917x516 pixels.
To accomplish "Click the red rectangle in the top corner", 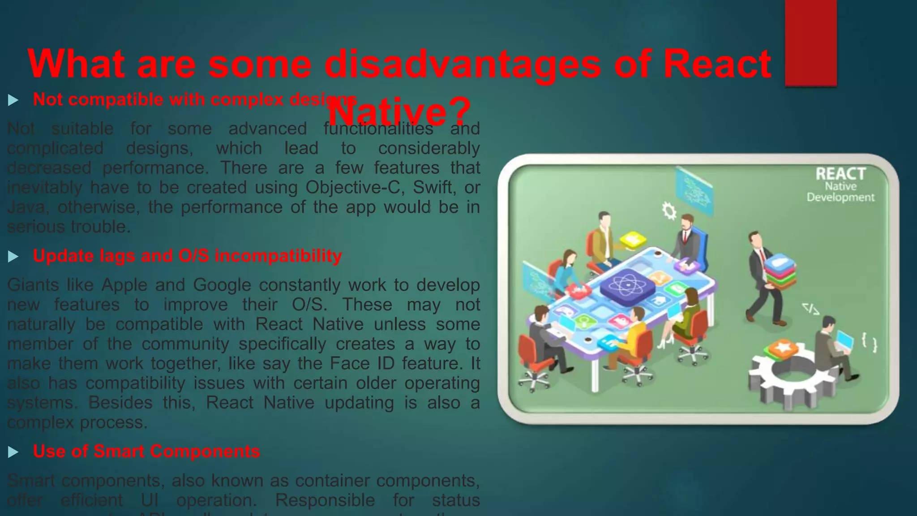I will [x=810, y=43].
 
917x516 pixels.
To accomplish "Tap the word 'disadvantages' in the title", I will [x=463, y=64].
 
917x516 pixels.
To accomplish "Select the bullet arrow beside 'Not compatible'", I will [x=13, y=100].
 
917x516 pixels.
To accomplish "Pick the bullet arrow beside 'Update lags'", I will [x=13, y=257].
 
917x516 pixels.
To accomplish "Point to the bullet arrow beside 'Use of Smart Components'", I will [x=13, y=452].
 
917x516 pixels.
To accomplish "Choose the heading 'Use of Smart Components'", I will [x=146, y=451].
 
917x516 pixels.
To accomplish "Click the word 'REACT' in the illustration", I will [x=840, y=174].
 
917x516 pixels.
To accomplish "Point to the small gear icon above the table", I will [x=669, y=210].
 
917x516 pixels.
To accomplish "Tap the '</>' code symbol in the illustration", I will [x=810, y=309].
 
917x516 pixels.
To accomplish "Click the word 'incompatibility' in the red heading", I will [x=278, y=256].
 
